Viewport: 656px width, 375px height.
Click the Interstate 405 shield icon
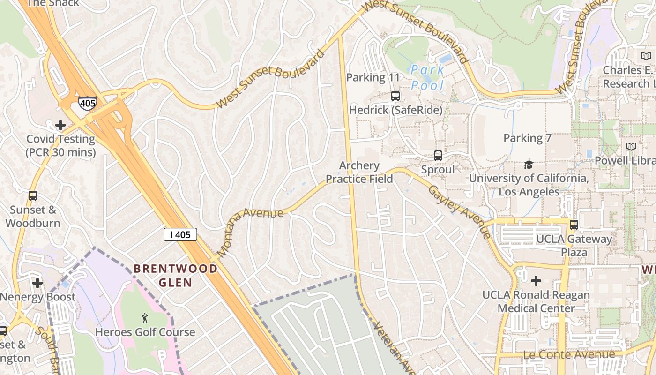coord(88,103)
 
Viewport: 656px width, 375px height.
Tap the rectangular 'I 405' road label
coord(180,234)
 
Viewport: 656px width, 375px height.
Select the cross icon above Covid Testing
coord(60,125)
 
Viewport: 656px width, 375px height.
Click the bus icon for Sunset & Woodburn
coord(33,196)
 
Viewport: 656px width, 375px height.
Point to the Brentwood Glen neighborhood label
coord(176,276)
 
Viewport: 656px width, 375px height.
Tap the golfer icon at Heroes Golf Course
coord(145,319)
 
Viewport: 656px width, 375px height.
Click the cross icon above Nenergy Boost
coord(37,283)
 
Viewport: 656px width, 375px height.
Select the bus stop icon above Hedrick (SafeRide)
coord(395,96)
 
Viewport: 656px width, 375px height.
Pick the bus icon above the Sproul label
coord(438,156)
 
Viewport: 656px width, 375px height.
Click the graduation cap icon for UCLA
coord(529,165)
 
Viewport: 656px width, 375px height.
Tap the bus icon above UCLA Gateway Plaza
coord(574,225)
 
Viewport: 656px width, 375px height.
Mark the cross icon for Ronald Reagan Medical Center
coord(536,281)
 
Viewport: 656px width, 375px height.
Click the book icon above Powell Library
coord(631,147)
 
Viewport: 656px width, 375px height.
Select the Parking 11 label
coord(373,77)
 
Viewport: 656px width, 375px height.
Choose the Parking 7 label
coord(527,138)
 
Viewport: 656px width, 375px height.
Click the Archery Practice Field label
coord(359,172)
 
